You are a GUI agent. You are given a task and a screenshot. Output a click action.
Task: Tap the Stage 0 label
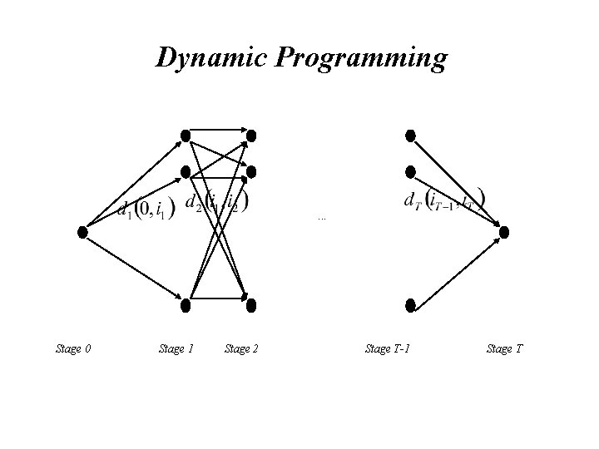coord(73,348)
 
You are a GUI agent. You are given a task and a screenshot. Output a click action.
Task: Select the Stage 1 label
coord(176,348)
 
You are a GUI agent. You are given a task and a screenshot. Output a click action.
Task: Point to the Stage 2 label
coord(241,348)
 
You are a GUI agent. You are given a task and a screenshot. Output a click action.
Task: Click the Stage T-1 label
coord(388,348)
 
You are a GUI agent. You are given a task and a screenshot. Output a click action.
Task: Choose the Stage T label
coord(504,348)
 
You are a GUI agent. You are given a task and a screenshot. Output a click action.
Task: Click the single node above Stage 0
coord(82,232)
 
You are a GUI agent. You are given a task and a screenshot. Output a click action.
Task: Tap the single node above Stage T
coord(504,232)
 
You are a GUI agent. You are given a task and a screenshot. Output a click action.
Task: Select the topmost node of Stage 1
coord(186,135)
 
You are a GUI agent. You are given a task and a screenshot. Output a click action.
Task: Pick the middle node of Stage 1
coord(186,172)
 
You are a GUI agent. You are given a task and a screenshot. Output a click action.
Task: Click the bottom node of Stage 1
coord(186,305)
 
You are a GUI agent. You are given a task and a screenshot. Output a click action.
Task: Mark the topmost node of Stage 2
coord(250,135)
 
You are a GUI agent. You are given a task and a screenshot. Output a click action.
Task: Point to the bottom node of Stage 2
coord(250,305)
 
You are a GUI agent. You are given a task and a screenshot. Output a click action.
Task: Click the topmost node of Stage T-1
coord(409,135)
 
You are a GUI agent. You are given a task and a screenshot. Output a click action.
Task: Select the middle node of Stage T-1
coord(409,172)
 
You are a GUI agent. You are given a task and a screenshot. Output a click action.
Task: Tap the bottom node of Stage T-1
coord(409,305)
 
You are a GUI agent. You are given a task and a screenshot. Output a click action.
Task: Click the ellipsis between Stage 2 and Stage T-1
coord(322,219)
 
